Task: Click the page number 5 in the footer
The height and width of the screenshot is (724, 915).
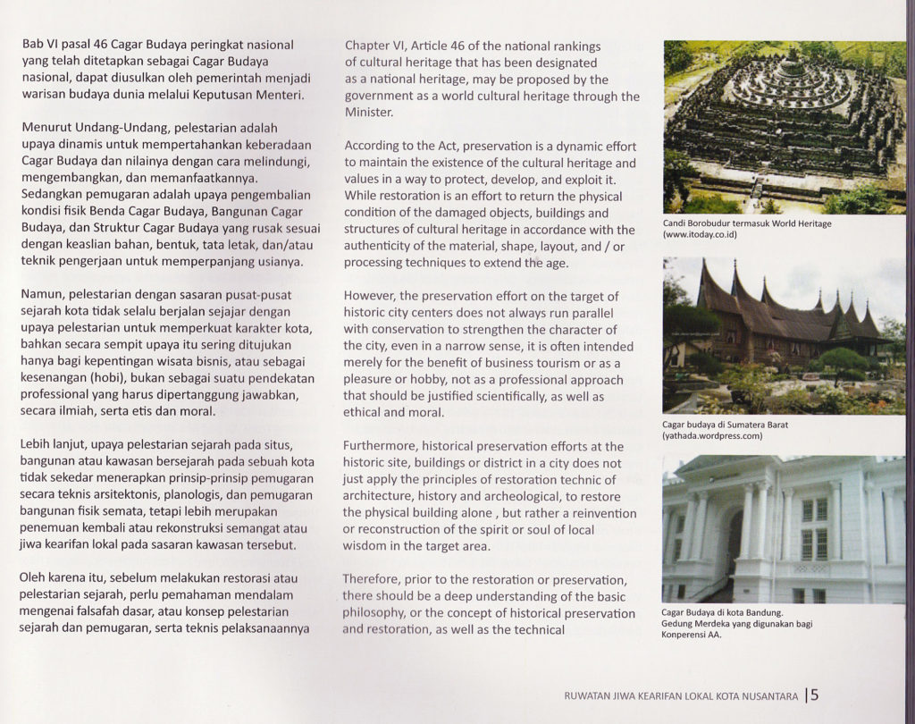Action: (815, 694)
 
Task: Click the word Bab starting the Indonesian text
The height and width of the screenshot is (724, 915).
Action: (32, 44)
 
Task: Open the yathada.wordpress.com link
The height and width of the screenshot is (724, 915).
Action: (712, 436)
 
